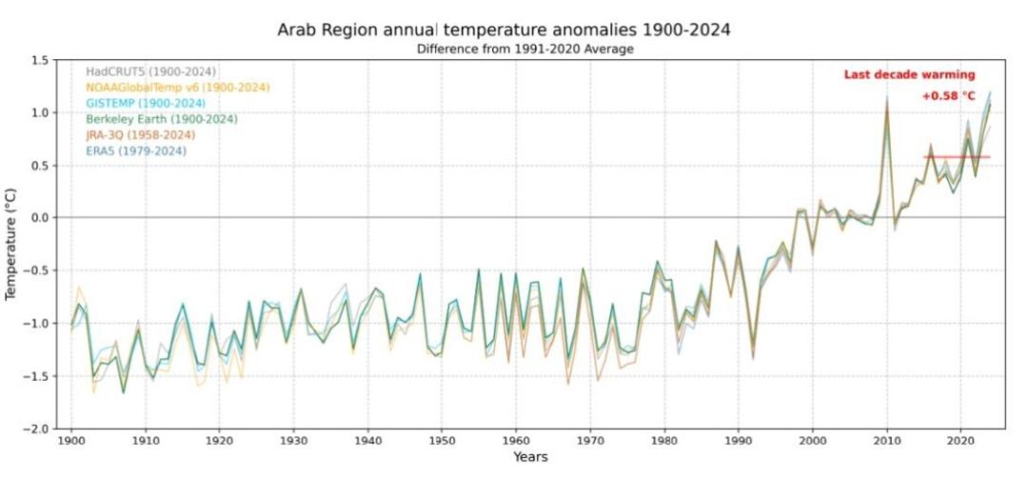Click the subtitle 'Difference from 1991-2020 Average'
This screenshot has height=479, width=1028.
point(525,49)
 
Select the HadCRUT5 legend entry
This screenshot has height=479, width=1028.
point(150,71)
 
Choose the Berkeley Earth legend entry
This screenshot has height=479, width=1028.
point(162,119)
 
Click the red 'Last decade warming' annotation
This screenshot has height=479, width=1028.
point(909,75)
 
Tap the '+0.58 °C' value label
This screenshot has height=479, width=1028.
point(948,96)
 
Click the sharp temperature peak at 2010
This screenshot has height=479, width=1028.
point(887,101)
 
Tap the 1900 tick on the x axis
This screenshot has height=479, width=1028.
point(70,442)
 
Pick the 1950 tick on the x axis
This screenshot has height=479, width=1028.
point(442,442)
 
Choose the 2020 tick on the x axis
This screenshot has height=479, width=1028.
point(960,442)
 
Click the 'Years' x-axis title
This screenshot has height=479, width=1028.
point(529,458)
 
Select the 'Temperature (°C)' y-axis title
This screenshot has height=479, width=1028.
point(11,244)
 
